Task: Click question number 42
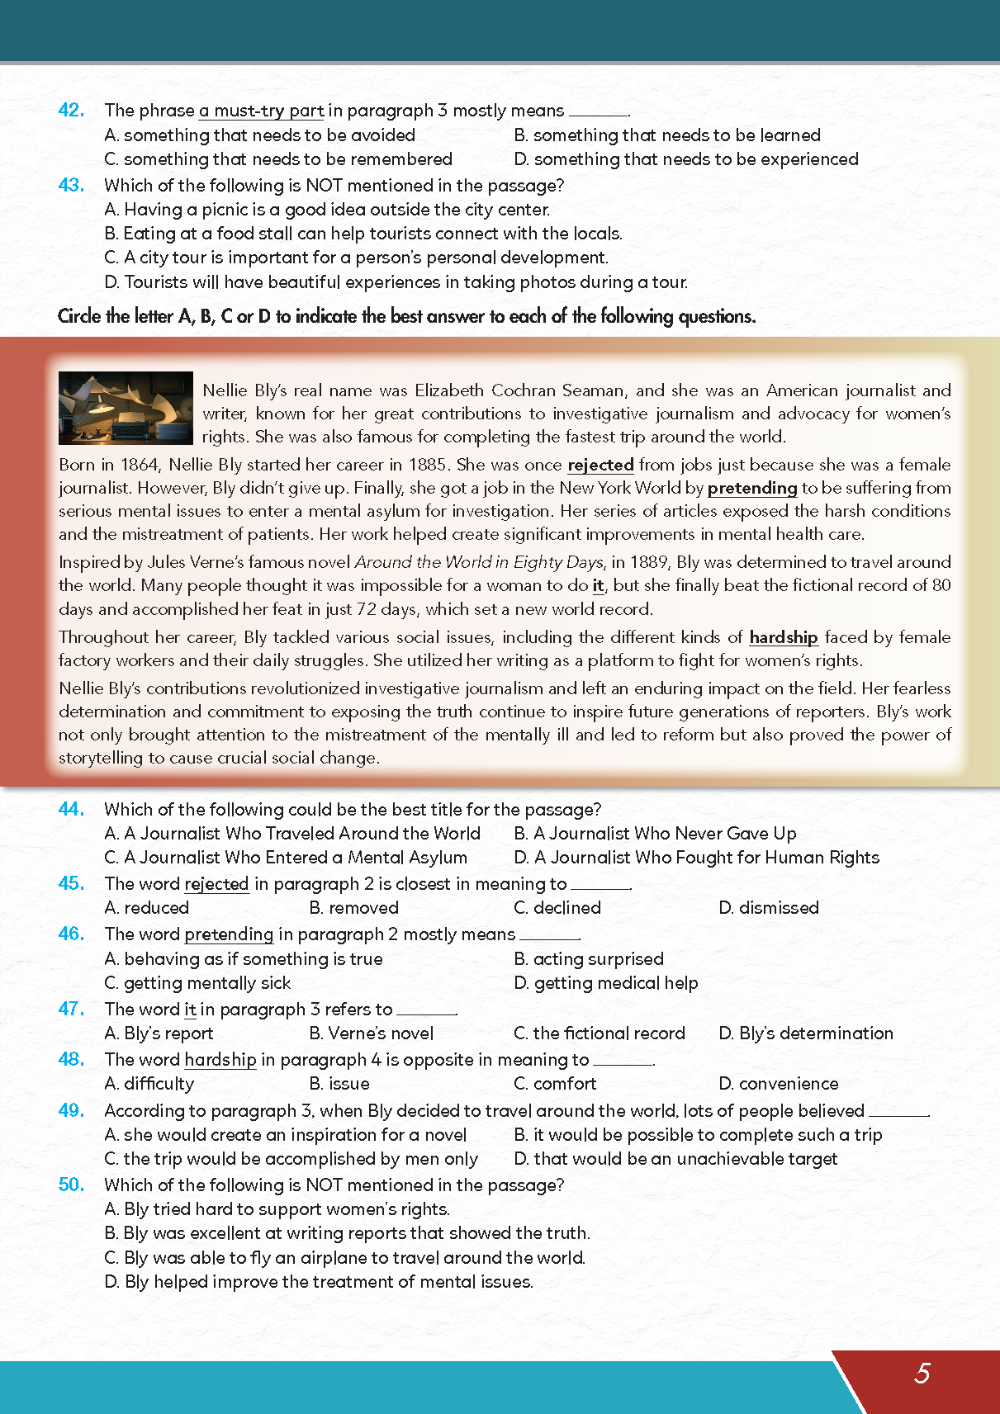pos(71,111)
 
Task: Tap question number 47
pos(71,1009)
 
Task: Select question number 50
pos(71,1185)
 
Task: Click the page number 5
pos(922,1374)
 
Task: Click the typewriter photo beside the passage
pos(126,408)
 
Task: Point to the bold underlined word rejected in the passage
pos(600,465)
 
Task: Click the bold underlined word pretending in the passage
pos(752,488)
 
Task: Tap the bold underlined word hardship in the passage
pos(783,637)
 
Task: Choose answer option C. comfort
pos(555,1083)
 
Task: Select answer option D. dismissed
pos(769,908)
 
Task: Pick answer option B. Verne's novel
pos(372,1033)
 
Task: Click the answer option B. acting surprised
pos(589,959)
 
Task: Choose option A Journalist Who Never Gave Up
pos(655,834)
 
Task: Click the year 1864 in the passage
pos(140,465)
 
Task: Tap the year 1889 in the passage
pos(648,562)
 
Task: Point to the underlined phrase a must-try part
pos(261,111)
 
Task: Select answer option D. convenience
pos(779,1083)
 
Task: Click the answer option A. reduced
pos(147,908)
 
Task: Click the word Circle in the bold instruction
pos(79,316)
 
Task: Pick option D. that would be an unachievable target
pos(675,1159)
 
